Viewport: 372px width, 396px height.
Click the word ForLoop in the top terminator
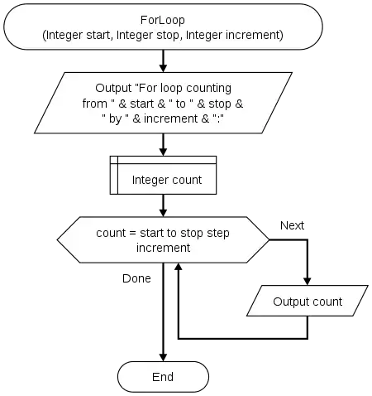pyautogui.click(x=163, y=20)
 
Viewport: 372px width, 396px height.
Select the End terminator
pyautogui.click(x=163, y=377)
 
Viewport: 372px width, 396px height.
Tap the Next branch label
pyautogui.click(x=292, y=225)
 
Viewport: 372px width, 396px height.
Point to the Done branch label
pyautogui.click(x=136, y=278)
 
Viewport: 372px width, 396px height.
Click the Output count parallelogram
pyautogui.click(x=308, y=301)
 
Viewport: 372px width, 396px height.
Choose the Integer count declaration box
pyautogui.click(x=163, y=175)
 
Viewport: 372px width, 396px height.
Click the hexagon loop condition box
pyautogui.click(x=163, y=239)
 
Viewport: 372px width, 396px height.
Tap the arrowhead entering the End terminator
pyautogui.click(x=163, y=357)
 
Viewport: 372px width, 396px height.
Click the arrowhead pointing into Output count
pyautogui.click(x=307, y=281)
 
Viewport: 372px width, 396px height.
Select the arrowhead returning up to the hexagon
pyautogui.click(x=179, y=267)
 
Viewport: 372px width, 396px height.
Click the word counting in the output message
pyautogui.click(x=208, y=89)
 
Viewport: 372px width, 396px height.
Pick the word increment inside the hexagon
pyautogui.click(x=163, y=248)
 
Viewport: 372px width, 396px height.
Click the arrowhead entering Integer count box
pyautogui.click(x=163, y=152)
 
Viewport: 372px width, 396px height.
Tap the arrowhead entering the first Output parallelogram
pyautogui.click(x=163, y=68)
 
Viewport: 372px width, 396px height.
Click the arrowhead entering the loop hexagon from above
pyautogui.click(x=163, y=213)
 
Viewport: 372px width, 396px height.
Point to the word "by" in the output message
pyautogui.click(x=115, y=119)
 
